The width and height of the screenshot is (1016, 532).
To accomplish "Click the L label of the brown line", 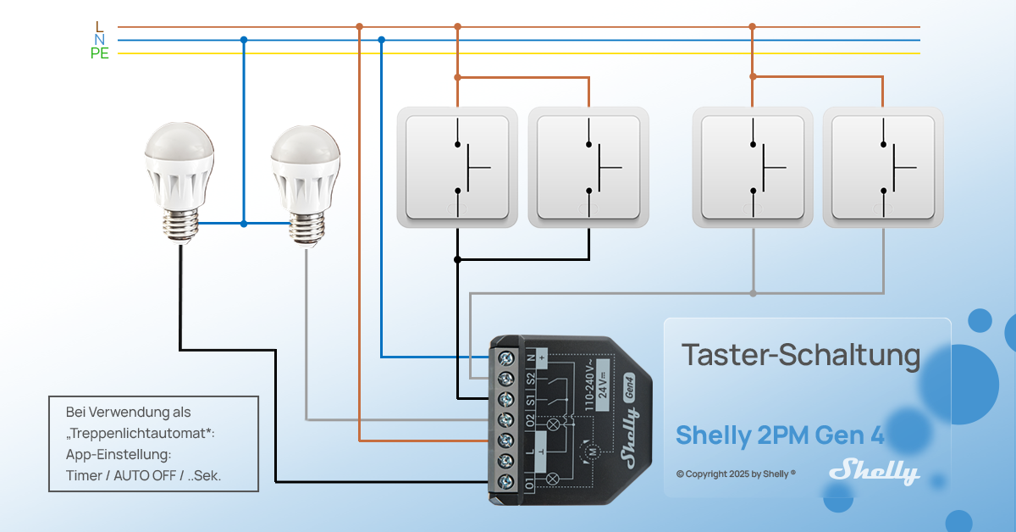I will pyautogui.click(x=100, y=27).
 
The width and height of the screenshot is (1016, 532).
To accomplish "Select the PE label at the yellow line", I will pyautogui.click(x=100, y=54).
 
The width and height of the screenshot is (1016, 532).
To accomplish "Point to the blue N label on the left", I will pyautogui.click(x=100, y=40).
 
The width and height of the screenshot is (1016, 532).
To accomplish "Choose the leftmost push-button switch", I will pyautogui.click(x=457, y=167).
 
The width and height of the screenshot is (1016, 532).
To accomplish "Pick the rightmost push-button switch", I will pyautogui.click(x=883, y=167).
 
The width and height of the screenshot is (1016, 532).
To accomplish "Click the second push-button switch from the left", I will pyautogui.click(x=588, y=167).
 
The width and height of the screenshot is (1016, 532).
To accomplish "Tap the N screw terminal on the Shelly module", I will pyautogui.click(x=507, y=357).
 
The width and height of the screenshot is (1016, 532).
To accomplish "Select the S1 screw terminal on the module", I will pyautogui.click(x=507, y=398).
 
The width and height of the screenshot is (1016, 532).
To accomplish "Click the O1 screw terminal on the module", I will pyautogui.click(x=507, y=482).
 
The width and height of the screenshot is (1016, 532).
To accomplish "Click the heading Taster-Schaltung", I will pyautogui.click(x=800, y=356).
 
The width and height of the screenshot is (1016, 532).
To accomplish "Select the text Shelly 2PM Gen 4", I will pyautogui.click(x=780, y=435).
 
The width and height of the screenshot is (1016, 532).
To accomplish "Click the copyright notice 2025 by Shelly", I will pyautogui.click(x=736, y=474).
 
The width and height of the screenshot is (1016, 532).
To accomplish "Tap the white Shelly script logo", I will pyautogui.click(x=874, y=471).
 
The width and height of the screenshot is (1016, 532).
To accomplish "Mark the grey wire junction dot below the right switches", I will pyautogui.click(x=753, y=293).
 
